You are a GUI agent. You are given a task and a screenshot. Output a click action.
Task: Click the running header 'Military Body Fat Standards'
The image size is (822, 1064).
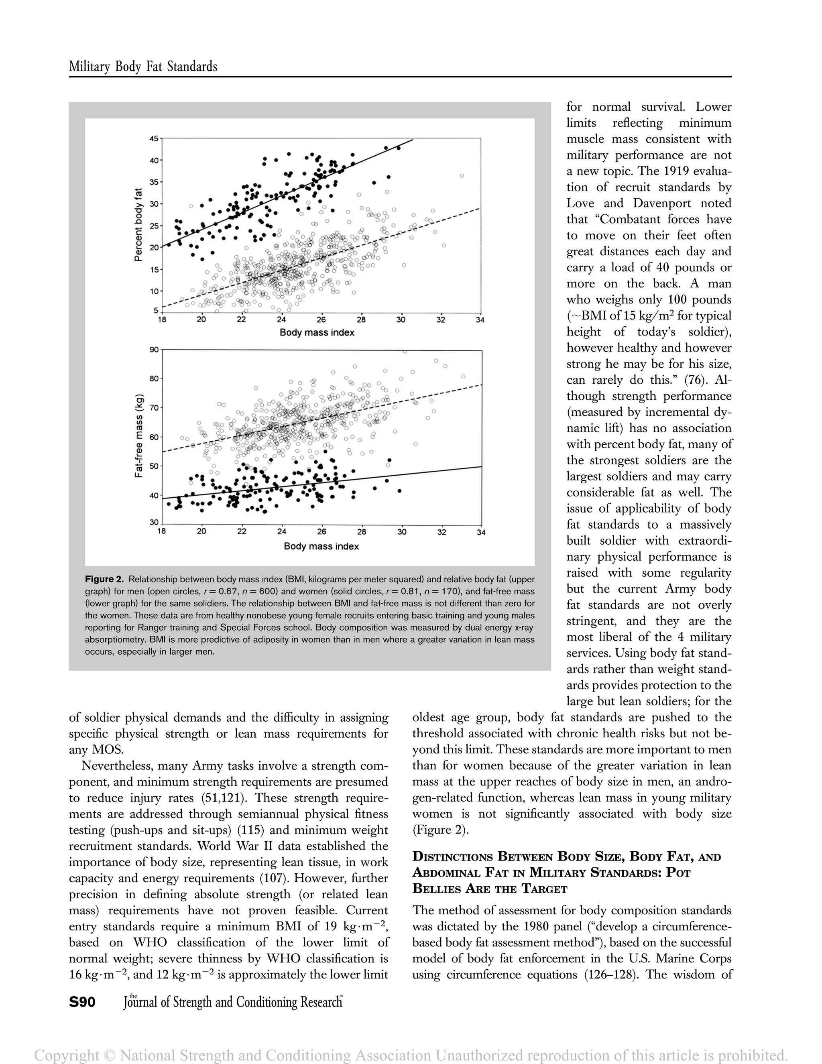click(x=143, y=67)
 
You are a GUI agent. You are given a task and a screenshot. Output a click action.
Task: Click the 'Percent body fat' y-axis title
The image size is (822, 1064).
click(x=138, y=225)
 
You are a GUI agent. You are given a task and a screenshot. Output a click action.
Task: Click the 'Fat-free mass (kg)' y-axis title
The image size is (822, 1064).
click(x=139, y=435)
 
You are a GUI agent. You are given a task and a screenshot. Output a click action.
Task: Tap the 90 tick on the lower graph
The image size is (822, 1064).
click(x=154, y=349)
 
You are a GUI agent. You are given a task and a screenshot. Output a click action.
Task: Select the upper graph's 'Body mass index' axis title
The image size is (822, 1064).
click(x=317, y=333)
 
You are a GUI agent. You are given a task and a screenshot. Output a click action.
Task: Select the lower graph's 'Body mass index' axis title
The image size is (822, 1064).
click(x=321, y=546)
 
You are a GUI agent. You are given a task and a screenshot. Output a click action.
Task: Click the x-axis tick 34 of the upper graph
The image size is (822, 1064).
click(x=480, y=320)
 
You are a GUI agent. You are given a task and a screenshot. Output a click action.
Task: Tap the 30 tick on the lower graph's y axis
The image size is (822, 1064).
click(x=154, y=523)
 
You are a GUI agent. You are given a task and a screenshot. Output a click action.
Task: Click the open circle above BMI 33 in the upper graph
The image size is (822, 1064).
click(x=462, y=176)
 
